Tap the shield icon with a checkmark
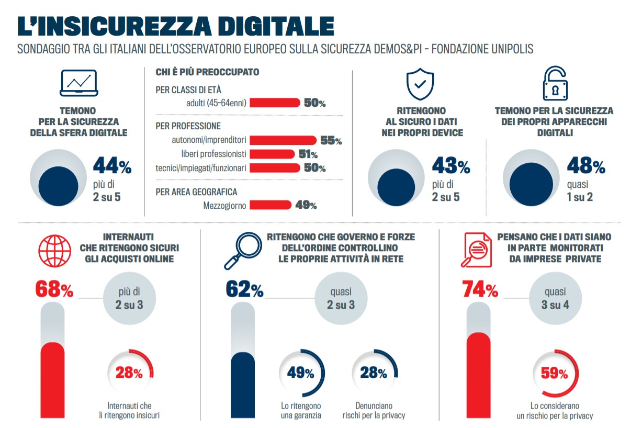pyautogui.click(x=420, y=83)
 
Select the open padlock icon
pyautogui.click(x=555, y=84)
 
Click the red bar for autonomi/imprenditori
pyautogui.click(x=283, y=141)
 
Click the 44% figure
pyautogui.click(x=112, y=167)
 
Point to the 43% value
pyautogui.click(x=450, y=167)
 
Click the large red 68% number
pyautogui.click(x=54, y=290)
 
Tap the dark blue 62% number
pyautogui.click(x=244, y=290)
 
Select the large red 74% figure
pyautogui.click(x=479, y=290)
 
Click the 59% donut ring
pyautogui.click(x=555, y=373)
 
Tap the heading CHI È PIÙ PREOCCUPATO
pyautogui.click(x=207, y=72)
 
